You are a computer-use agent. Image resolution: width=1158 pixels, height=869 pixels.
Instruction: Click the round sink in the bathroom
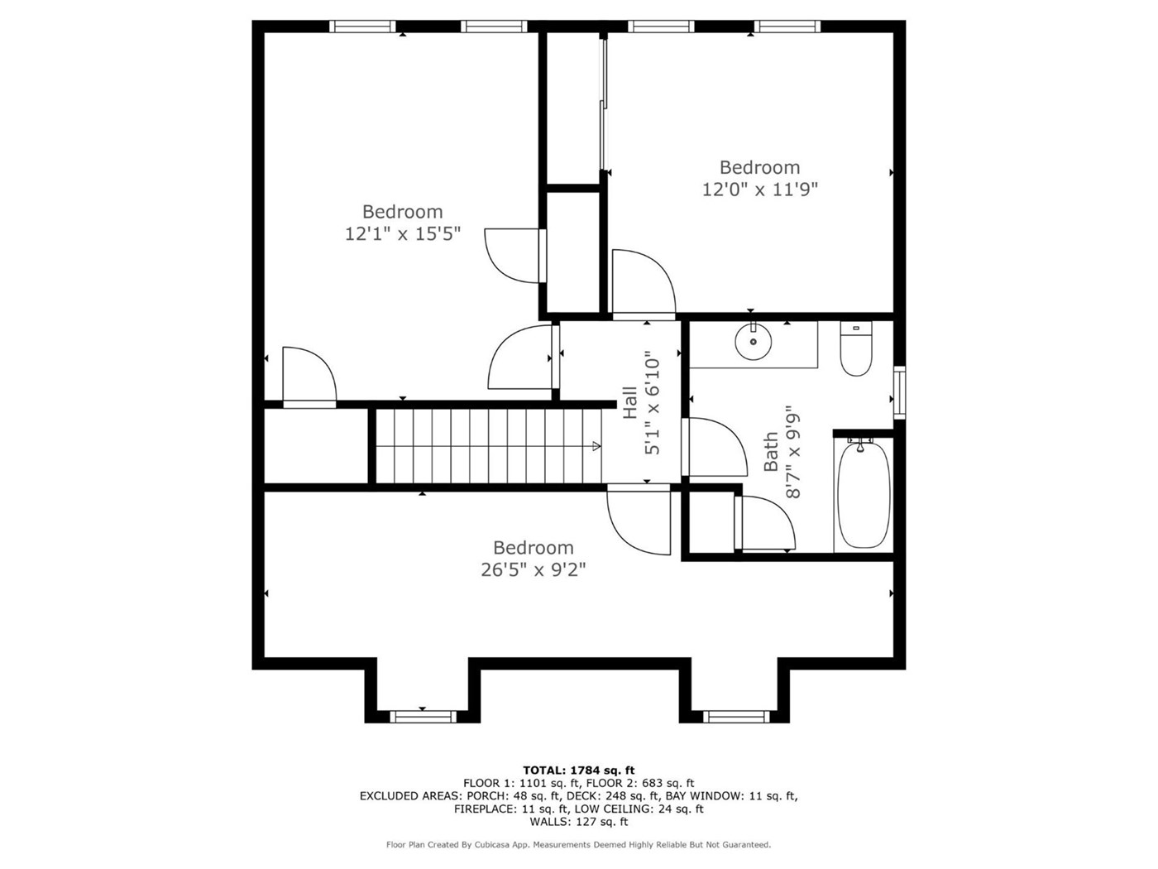pyautogui.click(x=753, y=341)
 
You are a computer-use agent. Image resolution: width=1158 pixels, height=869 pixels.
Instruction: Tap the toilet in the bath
pyautogui.click(x=856, y=348)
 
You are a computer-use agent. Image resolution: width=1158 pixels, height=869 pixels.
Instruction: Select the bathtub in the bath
pyautogui.click(x=863, y=496)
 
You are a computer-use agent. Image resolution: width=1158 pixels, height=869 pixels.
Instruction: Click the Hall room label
pyautogui.click(x=630, y=402)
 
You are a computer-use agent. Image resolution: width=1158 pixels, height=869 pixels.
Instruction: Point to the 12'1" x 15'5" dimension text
pyautogui.click(x=403, y=233)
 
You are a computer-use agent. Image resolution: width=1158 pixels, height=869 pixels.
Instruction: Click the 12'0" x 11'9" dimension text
pyautogui.click(x=759, y=190)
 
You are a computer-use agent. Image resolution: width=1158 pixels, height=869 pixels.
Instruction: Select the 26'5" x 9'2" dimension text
pyautogui.click(x=534, y=570)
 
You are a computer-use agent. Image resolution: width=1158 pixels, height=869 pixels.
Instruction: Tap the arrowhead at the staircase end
pyautogui.click(x=596, y=446)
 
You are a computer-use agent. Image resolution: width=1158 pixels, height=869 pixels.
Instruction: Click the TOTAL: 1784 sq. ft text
pyautogui.click(x=579, y=771)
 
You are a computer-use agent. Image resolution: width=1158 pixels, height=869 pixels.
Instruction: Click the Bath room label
pyautogui.click(x=771, y=452)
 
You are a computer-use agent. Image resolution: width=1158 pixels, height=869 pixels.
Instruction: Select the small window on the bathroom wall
pyautogui.click(x=899, y=392)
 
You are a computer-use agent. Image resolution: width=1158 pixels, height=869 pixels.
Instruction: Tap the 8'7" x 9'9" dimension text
pyautogui.click(x=792, y=452)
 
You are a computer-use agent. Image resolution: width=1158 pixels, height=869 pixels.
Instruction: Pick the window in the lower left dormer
pyautogui.click(x=423, y=716)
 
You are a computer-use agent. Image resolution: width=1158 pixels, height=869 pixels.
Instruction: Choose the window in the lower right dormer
pyautogui.click(x=736, y=716)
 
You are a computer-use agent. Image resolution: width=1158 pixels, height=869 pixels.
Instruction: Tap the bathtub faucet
pyautogui.click(x=860, y=444)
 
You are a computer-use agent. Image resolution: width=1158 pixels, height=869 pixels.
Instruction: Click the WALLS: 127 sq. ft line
pyautogui.click(x=579, y=822)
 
